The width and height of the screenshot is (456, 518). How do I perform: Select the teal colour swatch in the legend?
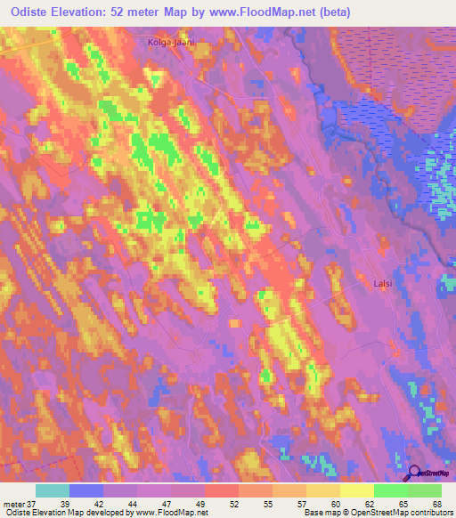53,490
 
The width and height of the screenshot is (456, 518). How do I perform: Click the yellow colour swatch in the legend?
356,490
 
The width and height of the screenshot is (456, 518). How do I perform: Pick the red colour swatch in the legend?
221,490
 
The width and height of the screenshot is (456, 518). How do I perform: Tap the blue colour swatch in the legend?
86,490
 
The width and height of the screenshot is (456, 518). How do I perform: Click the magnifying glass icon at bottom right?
413,473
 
